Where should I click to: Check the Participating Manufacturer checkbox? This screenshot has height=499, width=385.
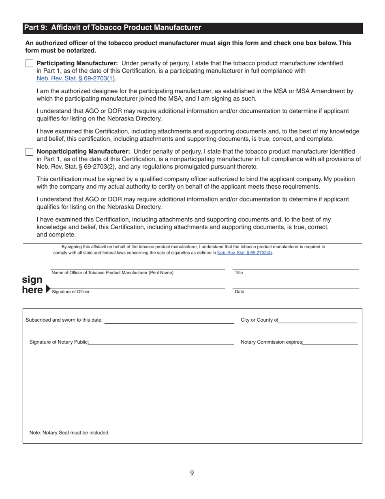[x=29, y=63]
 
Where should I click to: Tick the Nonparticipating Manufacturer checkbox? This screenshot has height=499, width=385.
[x=29, y=152]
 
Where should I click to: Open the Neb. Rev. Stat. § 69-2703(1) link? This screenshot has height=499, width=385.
[x=76, y=78]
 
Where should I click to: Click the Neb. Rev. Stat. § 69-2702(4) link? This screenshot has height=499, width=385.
[x=244, y=253]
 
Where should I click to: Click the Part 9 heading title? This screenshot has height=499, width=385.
[x=113, y=28]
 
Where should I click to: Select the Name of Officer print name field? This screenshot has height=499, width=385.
[x=137, y=266]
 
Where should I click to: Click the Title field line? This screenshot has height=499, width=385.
[x=295, y=266]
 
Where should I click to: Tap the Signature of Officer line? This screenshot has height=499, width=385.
[x=137, y=285]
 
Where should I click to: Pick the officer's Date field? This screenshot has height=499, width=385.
[x=295, y=285]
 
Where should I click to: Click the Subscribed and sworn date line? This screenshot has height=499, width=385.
[x=169, y=320]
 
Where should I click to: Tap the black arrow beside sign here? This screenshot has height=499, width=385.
[x=49, y=289]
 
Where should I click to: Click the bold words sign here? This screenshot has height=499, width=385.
[x=32, y=285]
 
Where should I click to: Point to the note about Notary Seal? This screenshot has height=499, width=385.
[x=69, y=433]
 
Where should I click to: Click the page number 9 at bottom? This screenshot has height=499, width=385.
[x=192, y=473]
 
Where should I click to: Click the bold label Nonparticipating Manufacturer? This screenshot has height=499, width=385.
[x=83, y=152]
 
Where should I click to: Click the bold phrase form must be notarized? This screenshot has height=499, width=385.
[x=61, y=51]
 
